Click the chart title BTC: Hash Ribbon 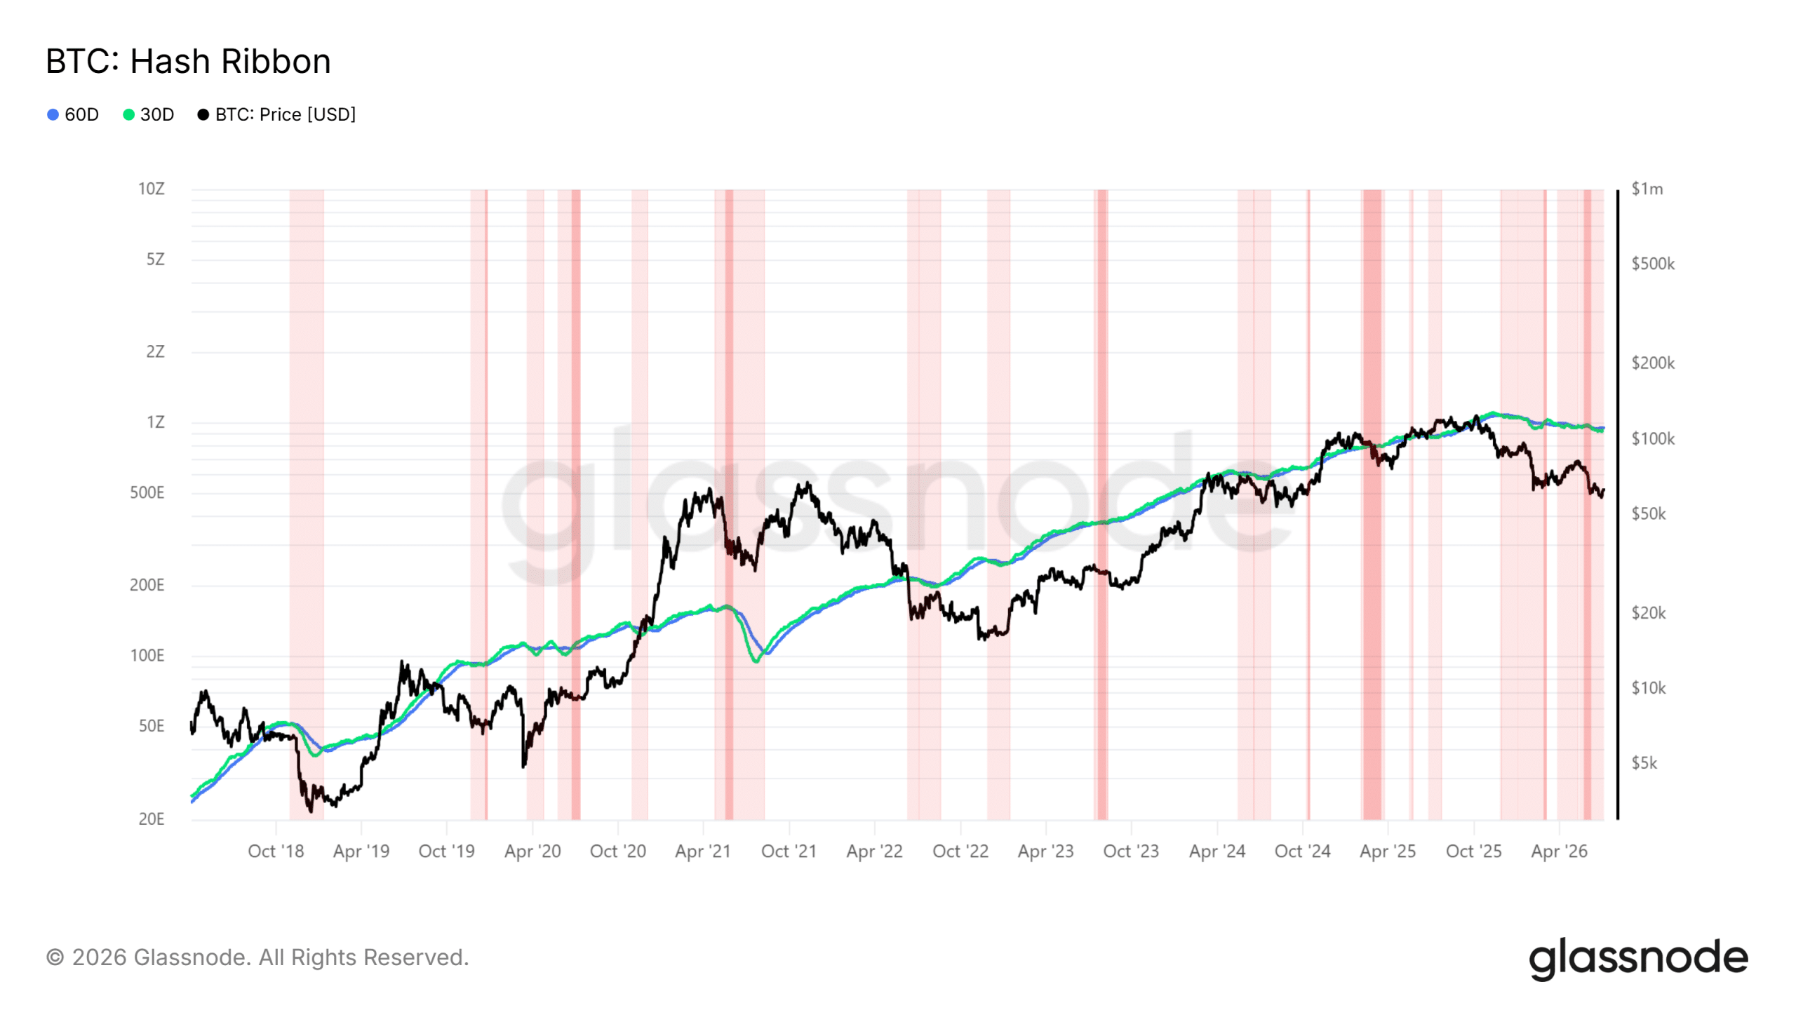coord(188,61)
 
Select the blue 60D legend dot coord(53,114)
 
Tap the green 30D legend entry coord(148,114)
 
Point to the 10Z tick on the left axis coord(152,189)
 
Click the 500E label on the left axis coord(147,492)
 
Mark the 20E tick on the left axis coord(152,819)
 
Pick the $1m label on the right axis coord(1647,189)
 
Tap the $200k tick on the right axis coord(1653,363)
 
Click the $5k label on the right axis coord(1644,762)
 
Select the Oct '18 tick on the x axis coord(276,851)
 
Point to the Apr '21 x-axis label coord(703,851)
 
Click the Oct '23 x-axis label coord(1131,851)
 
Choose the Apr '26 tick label coord(1559,851)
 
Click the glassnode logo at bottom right coord(1639,958)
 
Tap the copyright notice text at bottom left coord(257,957)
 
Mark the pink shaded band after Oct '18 coord(307,504)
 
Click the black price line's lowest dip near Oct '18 coord(311,811)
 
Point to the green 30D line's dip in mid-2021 coord(756,661)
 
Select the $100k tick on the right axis coord(1653,438)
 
